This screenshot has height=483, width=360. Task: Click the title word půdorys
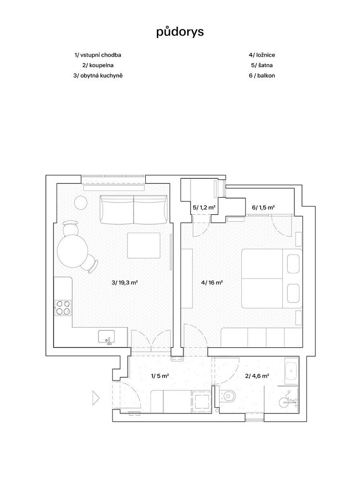pyautogui.click(x=180, y=32)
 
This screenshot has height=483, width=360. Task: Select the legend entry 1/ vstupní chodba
pyautogui.click(x=98, y=55)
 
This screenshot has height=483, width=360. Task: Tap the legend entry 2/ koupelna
pyautogui.click(x=98, y=65)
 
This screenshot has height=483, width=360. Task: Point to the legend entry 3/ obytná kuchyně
pyautogui.click(x=98, y=75)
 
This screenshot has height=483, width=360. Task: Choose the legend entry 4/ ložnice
pyautogui.click(x=262, y=55)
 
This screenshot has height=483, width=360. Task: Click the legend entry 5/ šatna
pyautogui.click(x=262, y=65)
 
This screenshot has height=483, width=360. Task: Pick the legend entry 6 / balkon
pyautogui.click(x=262, y=75)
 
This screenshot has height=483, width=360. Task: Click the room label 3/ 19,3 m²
pyautogui.click(x=125, y=282)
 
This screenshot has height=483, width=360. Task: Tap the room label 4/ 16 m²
pyautogui.click(x=212, y=282)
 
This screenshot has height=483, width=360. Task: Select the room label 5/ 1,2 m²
pyautogui.click(x=204, y=208)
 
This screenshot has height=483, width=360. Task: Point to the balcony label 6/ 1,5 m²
pyautogui.click(x=263, y=208)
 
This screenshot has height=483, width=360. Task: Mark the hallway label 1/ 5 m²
pyautogui.click(x=160, y=376)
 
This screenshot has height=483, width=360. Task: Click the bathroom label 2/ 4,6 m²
pyautogui.click(x=257, y=376)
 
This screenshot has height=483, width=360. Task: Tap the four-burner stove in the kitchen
pyautogui.click(x=63, y=308)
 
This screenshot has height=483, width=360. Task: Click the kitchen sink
pyautogui.click(x=107, y=337)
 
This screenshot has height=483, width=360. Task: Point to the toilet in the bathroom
pyautogui.click(x=228, y=396)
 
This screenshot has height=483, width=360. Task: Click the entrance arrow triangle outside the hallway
pyautogui.click(x=96, y=398)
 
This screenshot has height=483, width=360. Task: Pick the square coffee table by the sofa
pyautogui.click(x=144, y=245)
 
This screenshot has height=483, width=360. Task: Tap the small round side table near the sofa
pyautogui.click(x=81, y=202)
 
